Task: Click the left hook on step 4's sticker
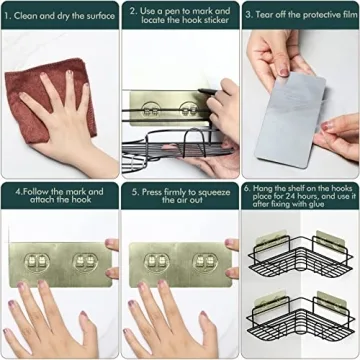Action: pyautogui.click(x=37, y=262)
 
